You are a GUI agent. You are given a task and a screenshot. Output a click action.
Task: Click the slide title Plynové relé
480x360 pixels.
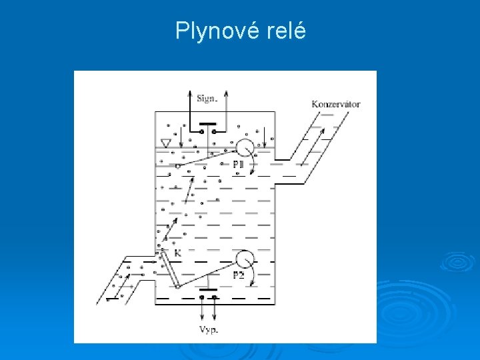(241, 31)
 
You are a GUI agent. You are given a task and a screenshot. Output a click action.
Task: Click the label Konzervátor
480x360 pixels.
(336, 104)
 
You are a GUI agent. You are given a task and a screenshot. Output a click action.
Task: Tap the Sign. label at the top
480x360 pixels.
(207, 99)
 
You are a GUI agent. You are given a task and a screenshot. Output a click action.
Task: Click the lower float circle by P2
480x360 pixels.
(245, 259)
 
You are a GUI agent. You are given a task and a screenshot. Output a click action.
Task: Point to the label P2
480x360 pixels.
(238, 275)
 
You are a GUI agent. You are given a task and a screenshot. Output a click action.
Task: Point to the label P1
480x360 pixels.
(238, 163)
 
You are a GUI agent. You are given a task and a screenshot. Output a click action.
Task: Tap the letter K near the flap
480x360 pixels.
(178, 254)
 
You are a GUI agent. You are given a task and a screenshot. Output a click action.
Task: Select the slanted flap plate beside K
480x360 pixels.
(170, 269)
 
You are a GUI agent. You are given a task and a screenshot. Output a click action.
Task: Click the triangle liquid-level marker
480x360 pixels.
(167, 143)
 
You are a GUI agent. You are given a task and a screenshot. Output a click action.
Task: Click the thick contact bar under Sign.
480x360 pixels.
(207, 124)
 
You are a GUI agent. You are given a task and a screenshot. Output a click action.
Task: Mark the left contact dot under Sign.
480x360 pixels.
(201, 132)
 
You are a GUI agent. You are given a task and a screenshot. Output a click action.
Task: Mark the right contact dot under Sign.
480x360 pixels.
(214, 132)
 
